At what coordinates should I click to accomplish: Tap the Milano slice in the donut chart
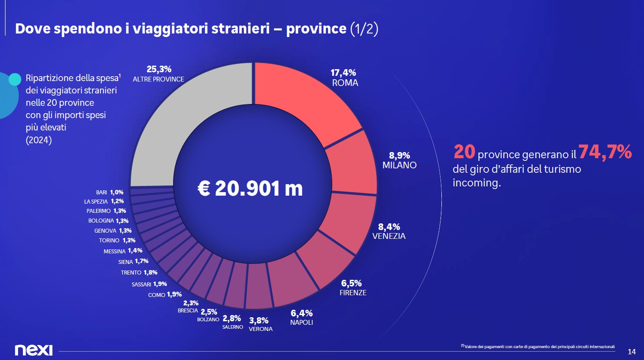pos(352,163)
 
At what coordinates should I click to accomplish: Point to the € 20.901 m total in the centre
pos(250,189)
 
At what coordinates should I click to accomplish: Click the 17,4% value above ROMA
pos(343,73)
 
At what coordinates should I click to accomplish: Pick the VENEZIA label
pos(389,236)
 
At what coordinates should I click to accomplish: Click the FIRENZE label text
pos(353,293)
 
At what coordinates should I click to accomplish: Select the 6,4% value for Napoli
pos(301,313)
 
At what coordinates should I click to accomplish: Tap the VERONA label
pos(261,329)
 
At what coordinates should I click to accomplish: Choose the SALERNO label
pos(233,327)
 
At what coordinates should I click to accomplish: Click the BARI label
pos(101,193)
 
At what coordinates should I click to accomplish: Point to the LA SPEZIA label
pos(96,202)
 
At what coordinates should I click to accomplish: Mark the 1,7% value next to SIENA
pos(141,261)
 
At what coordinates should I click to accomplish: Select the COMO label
pos(156,295)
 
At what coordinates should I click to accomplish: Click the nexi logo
pos(33,350)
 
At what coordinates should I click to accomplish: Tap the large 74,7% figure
pos(605,152)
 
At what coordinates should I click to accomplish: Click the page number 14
pos(632,352)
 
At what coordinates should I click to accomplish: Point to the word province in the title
pos(316,29)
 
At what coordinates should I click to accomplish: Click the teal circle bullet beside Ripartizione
pos(15,79)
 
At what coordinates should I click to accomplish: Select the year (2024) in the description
pos(39,140)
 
